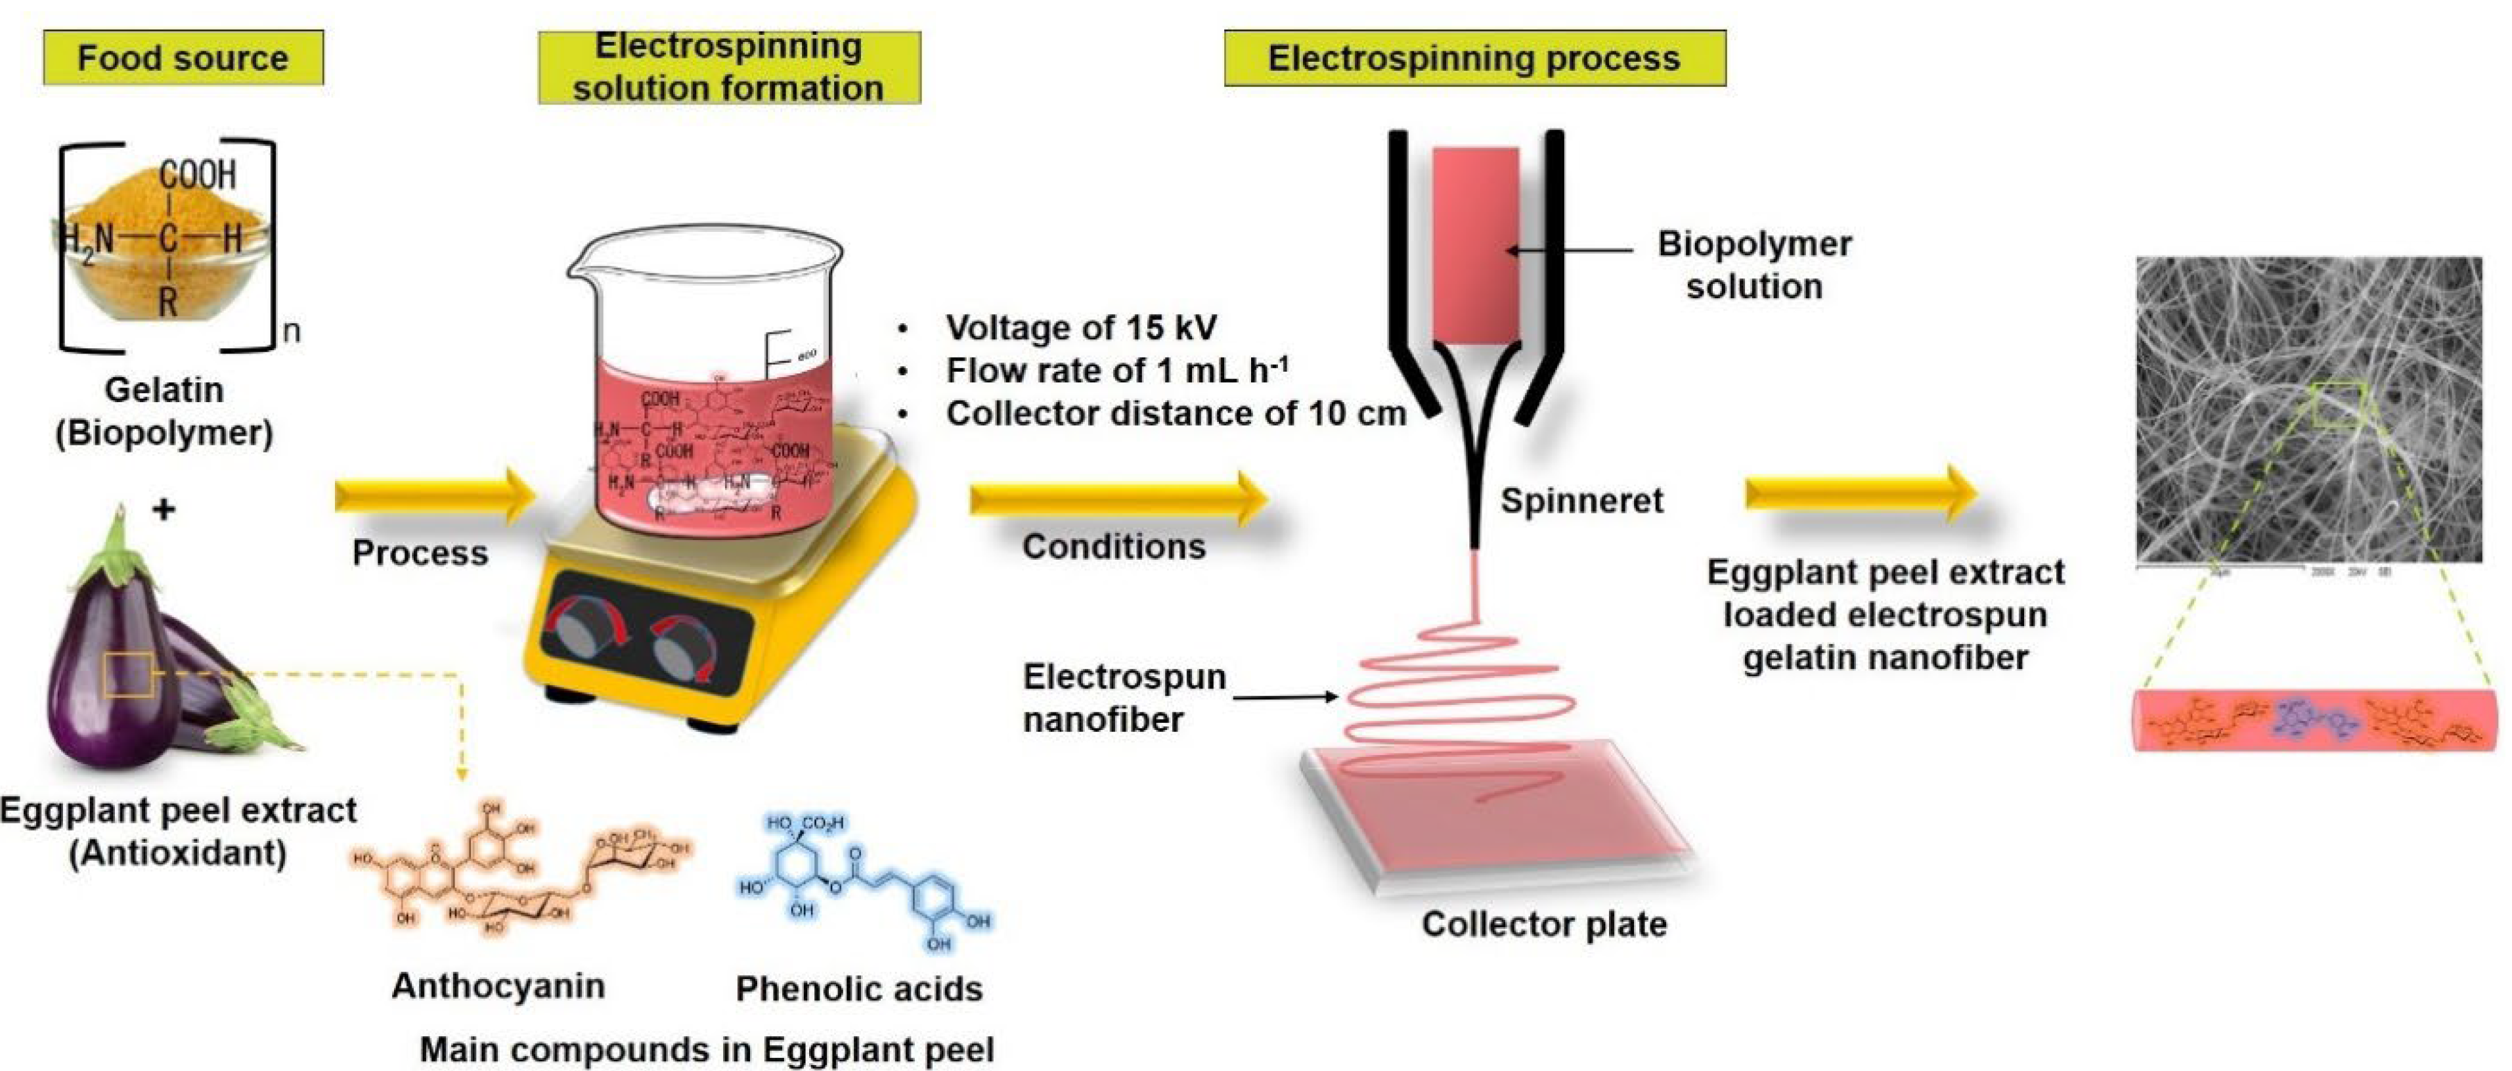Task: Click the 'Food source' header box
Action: coord(183,58)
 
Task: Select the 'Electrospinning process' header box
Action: coord(1474,58)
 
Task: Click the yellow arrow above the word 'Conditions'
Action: coord(1116,499)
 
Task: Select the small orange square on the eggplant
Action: coord(128,675)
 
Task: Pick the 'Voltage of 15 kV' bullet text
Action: coord(1080,328)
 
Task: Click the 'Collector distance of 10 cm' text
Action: coord(1175,413)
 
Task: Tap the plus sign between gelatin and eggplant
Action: coord(164,508)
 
